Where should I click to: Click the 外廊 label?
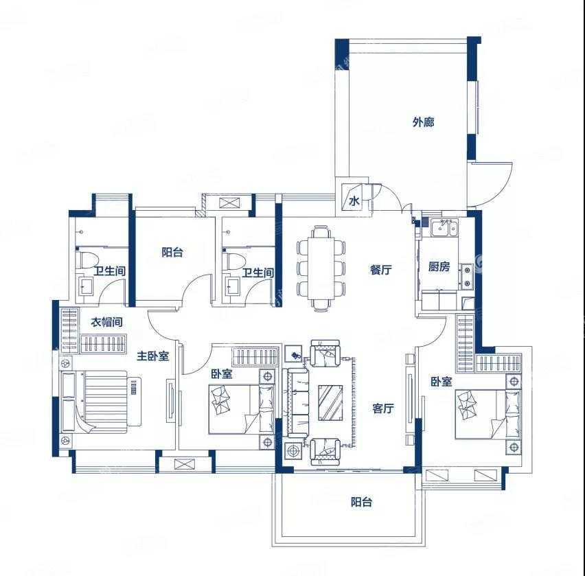pyautogui.click(x=424, y=122)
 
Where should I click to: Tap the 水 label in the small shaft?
pyautogui.click(x=354, y=201)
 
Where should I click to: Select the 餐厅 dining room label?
pyautogui.click(x=381, y=269)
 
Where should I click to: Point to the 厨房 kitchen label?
pyautogui.click(x=439, y=266)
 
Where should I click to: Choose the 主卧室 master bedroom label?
pyautogui.click(x=153, y=356)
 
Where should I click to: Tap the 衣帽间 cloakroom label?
pyautogui.click(x=106, y=321)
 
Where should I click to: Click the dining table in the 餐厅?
pyautogui.click(x=321, y=268)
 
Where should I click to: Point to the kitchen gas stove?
pyautogui.click(x=466, y=277)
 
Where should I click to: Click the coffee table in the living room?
pyautogui.click(x=330, y=402)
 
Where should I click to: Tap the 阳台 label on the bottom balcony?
pyautogui.click(x=362, y=502)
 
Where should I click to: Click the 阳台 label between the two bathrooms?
pyautogui.click(x=172, y=252)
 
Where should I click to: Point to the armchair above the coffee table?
pyautogui.click(x=325, y=354)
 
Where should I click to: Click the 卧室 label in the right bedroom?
pyautogui.click(x=441, y=381)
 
